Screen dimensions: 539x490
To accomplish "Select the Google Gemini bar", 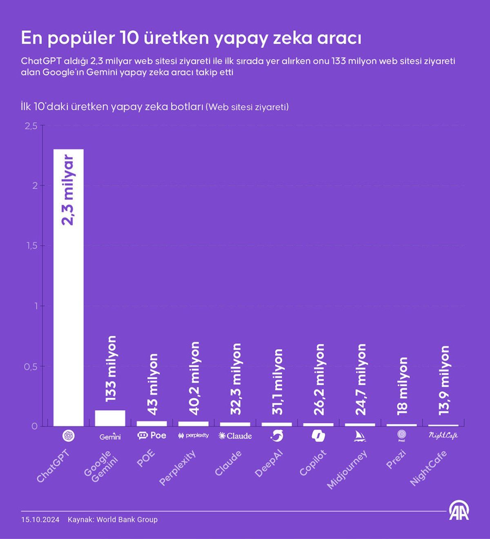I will [x=110, y=418].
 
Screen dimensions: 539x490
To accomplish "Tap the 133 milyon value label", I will [x=110, y=368].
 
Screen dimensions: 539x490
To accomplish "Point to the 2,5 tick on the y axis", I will [x=31, y=126].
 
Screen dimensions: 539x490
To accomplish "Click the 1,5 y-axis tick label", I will [x=31, y=246].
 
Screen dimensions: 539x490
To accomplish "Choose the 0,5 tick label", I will [x=31, y=367].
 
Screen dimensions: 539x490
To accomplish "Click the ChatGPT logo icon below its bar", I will [x=68, y=436].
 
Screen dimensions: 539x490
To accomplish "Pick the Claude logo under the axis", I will [x=235, y=436].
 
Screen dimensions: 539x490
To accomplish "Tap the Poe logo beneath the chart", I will [x=152, y=436].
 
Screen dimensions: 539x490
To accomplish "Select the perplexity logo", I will [x=194, y=436].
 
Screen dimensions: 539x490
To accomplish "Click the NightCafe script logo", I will [x=443, y=436].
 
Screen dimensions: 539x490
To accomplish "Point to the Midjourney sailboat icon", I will [x=360, y=436].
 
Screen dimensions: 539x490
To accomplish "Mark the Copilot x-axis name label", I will [x=313, y=463].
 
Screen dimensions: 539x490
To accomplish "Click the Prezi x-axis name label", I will [x=396, y=459].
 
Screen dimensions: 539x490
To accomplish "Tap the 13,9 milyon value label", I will [x=444, y=380].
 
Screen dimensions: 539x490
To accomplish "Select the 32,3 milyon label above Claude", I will [x=236, y=379].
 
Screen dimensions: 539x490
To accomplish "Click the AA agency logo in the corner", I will [x=459, y=510].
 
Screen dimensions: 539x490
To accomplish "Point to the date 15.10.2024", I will [x=40, y=520].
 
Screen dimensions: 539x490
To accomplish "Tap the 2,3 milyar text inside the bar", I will [x=68, y=190].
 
